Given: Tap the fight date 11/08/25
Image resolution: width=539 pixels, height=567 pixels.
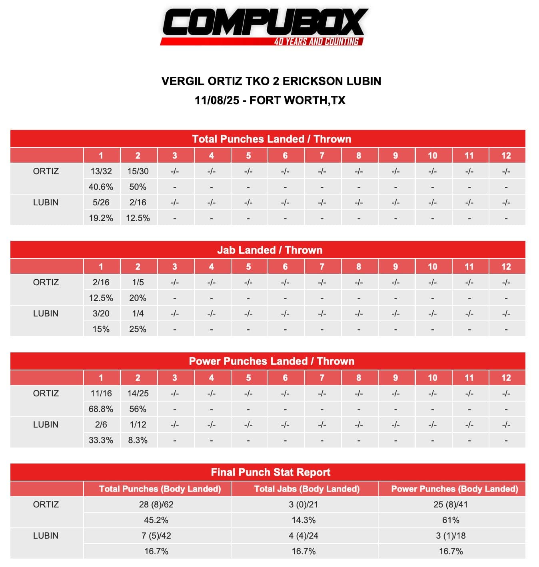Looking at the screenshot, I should pyautogui.click(x=217, y=100).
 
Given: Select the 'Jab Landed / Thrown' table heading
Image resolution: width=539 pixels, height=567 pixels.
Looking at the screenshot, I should pyautogui.click(x=269, y=250).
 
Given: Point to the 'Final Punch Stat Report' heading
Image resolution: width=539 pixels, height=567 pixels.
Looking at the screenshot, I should pyautogui.click(x=270, y=472).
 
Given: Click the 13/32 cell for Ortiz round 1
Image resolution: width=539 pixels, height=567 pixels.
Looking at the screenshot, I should pyautogui.click(x=101, y=171).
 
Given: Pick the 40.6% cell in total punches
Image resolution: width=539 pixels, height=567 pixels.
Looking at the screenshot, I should pyautogui.click(x=101, y=187).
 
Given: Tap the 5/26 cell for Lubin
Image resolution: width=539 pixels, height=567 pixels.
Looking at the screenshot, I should pyautogui.click(x=101, y=203).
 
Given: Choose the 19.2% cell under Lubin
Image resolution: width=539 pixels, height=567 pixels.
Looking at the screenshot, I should pyautogui.click(x=101, y=218).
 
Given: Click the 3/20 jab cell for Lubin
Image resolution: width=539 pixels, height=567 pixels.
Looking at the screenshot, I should pyautogui.click(x=101, y=314).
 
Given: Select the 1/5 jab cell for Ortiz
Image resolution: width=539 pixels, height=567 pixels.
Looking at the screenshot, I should pyautogui.click(x=138, y=283).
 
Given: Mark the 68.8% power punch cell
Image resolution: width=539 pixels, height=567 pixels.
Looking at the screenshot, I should pyautogui.click(x=101, y=409).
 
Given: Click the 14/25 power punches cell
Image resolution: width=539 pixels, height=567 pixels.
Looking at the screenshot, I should pyautogui.click(x=138, y=394).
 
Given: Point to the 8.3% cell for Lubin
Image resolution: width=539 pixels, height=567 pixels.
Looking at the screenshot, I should pyautogui.click(x=138, y=440).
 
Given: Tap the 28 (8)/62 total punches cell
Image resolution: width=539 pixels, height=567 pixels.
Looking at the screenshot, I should pyautogui.click(x=156, y=505).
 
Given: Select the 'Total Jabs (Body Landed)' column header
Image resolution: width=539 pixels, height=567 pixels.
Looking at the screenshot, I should pyautogui.click(x=307, y=489).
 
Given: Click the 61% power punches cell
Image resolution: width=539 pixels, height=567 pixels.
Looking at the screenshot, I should pyautogui.click(x=451, y=520).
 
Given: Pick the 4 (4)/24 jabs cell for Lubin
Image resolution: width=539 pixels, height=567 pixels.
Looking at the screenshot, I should pyautogui.click(x=303, y=536).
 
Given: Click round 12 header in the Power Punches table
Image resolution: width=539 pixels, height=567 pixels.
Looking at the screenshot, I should pyautogui.click(x=506, y=378).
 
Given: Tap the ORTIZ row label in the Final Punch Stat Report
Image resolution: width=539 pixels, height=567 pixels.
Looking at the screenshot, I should pyautogui.click(x=46, y=505).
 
